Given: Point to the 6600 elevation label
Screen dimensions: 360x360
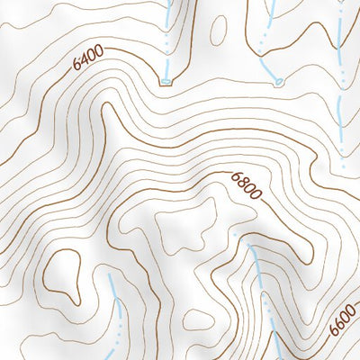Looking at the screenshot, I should pyautogui.click(x=343, y=319).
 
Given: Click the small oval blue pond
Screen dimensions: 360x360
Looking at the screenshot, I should pyautogui.click(x=279, y=82).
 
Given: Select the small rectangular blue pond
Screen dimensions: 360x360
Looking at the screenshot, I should pyautogui.click(x=166, y=82).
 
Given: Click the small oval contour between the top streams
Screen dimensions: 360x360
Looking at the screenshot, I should pyautogui.click(x=217, y=30).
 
